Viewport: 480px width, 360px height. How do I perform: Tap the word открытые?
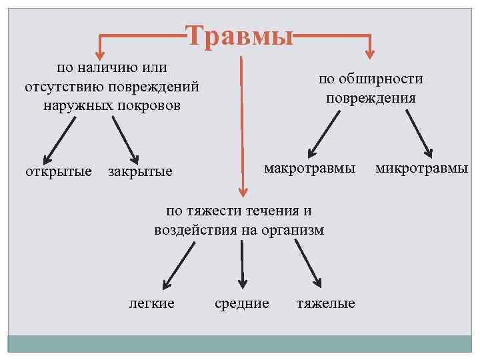click(x=58, y=171)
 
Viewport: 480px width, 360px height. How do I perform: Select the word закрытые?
click(x=140, y=171)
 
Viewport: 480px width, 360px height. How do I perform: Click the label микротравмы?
click(x=421, y=167)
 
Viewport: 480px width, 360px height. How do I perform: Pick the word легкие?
click(x=151, y=303)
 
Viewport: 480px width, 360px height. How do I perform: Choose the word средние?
click(x=242, y=303)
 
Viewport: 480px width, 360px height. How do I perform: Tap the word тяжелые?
click(x=325, y=303)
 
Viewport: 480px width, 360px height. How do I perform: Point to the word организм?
click(x=293, y=230)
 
